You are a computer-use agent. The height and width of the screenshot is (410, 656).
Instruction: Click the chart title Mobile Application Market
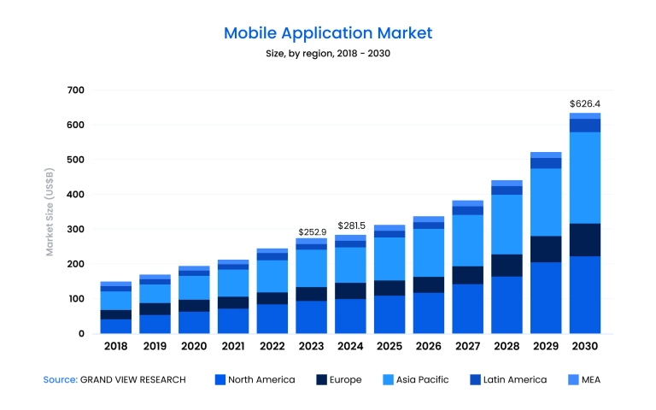pyautogui.click(x=328, y=33)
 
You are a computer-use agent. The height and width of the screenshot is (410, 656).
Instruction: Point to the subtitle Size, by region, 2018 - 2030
pyautogui.click(x=328, y=54)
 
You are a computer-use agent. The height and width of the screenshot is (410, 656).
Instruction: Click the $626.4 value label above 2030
pyautogui.click(x=585, y=103)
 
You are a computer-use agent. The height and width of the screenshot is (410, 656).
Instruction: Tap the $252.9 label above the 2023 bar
pyautogui.click(x=312, y=231)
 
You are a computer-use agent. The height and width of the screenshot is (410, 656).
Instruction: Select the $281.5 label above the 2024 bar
pyautogui.click(x=351, y=225)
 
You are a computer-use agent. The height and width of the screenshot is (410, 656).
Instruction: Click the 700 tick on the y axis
pyautogui.click(x=75, y=91)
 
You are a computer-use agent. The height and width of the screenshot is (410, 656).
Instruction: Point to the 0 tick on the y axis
pyautogui.click(x=81, y=334)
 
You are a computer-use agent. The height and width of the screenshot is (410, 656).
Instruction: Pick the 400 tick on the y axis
pyautogui.click(x=75, y=195)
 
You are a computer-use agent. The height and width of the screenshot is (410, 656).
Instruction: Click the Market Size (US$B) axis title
pyautogui.click(x=50, y=212)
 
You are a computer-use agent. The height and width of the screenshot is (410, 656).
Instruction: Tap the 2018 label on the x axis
pyautogui.click(x=116, y=347)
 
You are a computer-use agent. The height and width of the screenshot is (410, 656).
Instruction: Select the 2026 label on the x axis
pyautogui.click(x=429, y=347)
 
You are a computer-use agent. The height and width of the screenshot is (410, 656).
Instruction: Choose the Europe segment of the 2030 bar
pyautogui.click(x=585, y=240)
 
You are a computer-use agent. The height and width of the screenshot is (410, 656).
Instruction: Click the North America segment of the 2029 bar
pyautogui.click(x=546, y=297)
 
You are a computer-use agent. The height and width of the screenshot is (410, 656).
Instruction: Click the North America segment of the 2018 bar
pyautogui.click(x=116, y=326)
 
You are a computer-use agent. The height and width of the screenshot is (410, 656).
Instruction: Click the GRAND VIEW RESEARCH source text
pyautogui.click(x=132, y=379)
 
